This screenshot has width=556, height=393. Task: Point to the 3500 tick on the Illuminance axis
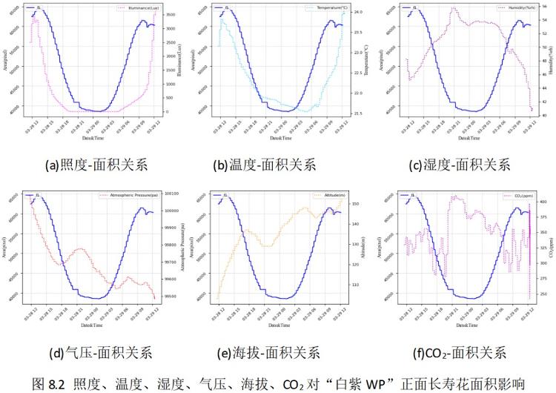click(x=170, y=15)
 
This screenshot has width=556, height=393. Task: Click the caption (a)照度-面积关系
click(x=93, y=165)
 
